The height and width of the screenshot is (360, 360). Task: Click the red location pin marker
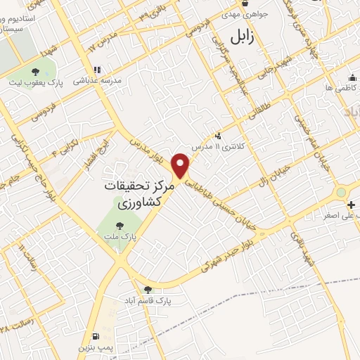tap(182, 165)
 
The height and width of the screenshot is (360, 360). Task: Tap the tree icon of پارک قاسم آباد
tap(148, 289)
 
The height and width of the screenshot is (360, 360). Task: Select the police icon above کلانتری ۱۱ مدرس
tap(219, 135)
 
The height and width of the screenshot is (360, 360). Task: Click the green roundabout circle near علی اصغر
tap(342, 191)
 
